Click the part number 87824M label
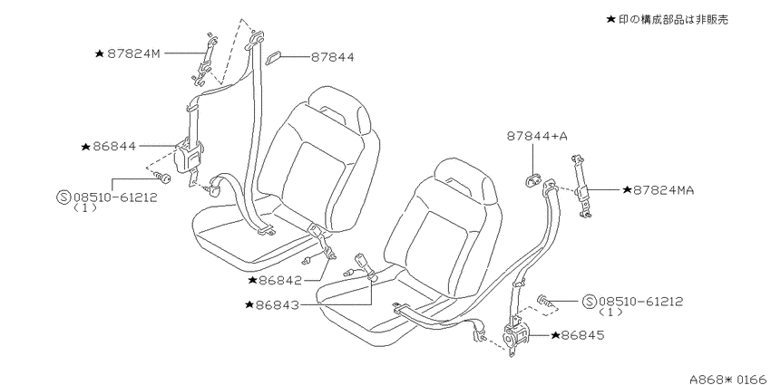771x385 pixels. click(x=133, y=53)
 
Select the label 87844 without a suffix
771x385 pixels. click(x=332, y=57)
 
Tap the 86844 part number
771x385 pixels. click(x=113, y=147)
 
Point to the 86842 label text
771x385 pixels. click(x=281, y=281)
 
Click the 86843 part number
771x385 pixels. click(x=278, y=305)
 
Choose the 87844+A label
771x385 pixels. click(x=538, y=137)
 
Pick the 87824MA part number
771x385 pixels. click(x=663, y=190)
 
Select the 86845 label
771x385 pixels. click(x=582, y=335)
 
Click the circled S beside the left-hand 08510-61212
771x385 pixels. click(x=63, y=197)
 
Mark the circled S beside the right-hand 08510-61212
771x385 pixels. click(x=589, y=302)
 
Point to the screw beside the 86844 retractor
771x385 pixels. click(x=165, y=177)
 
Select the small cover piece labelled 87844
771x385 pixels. click(x=273, y=58)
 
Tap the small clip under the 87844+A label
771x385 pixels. click(x=532, y=180)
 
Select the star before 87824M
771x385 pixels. click(x=100, y=53)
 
